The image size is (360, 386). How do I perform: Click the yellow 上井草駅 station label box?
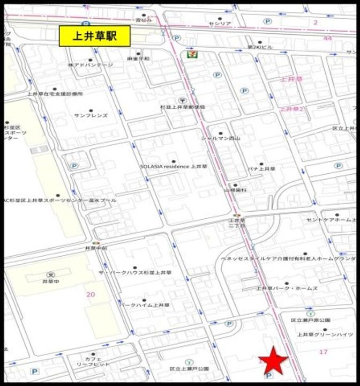tap(95, 36)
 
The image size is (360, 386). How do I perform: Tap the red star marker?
tap(274, 360)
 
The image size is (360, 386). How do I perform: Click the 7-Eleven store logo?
tap(190, 54)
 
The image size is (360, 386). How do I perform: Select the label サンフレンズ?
tap(91, 115)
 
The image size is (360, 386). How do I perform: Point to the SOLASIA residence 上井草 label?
tap(173, 167)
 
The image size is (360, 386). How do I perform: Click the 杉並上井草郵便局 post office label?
tap(182, 107)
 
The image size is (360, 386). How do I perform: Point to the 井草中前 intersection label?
tap(96, 249)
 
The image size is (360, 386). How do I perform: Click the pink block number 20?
tap(91, 294)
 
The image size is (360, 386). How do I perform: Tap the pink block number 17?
tap(323, 352)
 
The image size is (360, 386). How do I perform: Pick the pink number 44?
tap(328, 39)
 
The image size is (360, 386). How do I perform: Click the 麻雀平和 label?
tap(139, 58)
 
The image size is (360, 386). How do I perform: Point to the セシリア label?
tap(220, 24)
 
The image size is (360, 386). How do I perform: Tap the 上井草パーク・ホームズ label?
tap(287, 288)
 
